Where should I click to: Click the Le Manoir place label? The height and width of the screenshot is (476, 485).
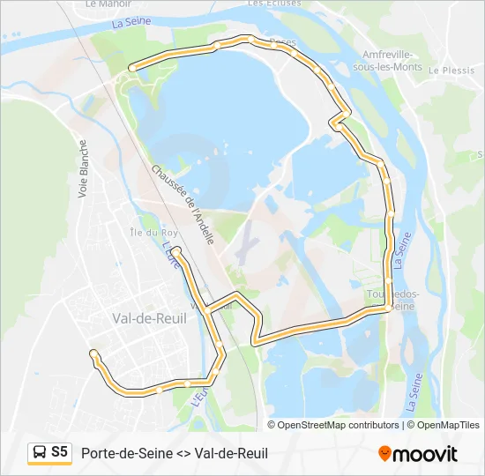point(102,4)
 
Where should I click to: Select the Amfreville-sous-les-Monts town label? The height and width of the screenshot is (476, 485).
point(384,60)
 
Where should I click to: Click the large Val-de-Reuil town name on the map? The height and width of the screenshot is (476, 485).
point(150,318)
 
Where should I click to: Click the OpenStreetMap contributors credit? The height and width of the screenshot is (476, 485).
point(339,425)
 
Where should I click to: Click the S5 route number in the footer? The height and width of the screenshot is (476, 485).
point(59,452)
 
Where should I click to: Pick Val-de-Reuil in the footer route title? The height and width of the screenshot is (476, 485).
point(231,453)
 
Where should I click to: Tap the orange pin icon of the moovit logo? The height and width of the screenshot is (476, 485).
point(384,453)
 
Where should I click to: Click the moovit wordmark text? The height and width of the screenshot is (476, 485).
point(425,454)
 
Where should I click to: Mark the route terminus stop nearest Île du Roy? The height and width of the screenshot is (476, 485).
point(175,251)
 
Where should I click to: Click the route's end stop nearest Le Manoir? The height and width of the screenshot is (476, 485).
point(131,68)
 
